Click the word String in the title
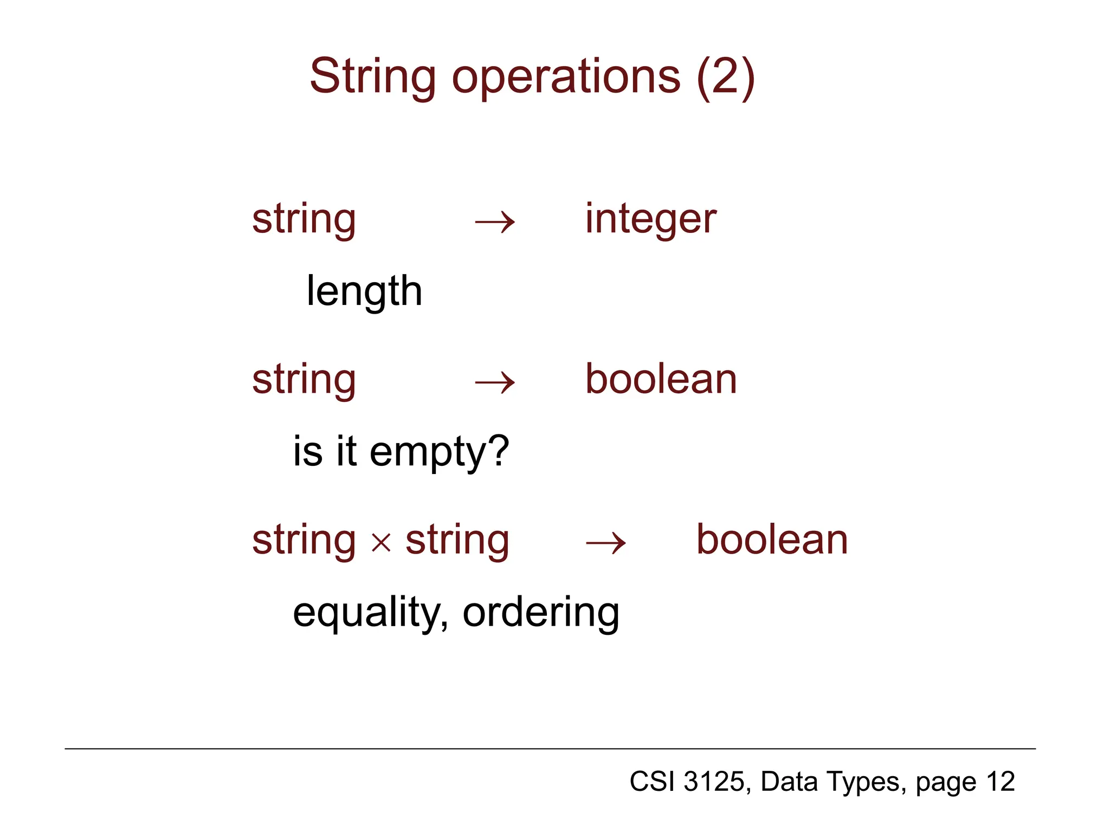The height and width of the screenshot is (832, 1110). point(372,77)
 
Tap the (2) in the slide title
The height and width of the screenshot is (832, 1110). point(726,77)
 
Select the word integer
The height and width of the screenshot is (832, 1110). point(650,219)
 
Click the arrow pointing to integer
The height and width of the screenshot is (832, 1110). point(494,222)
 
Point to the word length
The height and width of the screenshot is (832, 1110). point(364,291)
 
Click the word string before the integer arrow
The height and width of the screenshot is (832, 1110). point(304,219)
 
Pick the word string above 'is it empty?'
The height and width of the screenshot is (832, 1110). point(304,380)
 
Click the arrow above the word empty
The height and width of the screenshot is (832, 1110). point(494,383)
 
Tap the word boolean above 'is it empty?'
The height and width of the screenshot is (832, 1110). point(661,379)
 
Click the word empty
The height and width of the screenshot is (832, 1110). point(428,452)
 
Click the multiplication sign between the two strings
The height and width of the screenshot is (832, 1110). point(381,542)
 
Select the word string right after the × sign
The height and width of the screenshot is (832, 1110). point(457,540)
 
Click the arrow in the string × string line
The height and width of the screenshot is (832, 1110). point(605,543)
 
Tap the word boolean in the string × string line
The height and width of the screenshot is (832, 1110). point(772,540)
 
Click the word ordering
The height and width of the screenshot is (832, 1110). point(540,613)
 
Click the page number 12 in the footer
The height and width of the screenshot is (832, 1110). point(1000,782)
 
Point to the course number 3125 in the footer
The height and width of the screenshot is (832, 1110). point(714,782)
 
